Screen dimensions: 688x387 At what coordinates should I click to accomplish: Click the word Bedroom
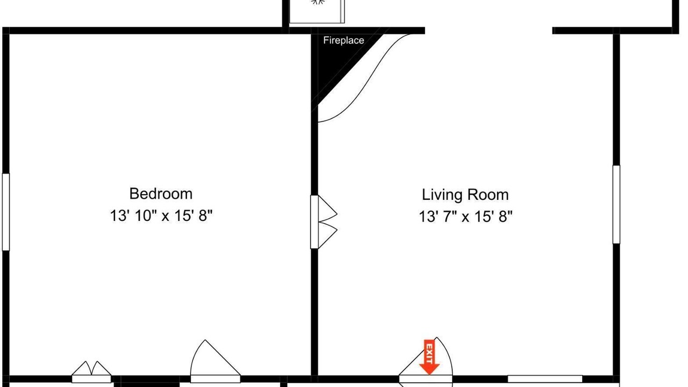pyautogui.click(x=161, y=194)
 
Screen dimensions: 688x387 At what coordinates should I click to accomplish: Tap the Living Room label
pyautogui.click(x=465, y=195)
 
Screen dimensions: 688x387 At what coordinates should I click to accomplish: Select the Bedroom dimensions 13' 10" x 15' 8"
pyautogui.click(x=161, y=216)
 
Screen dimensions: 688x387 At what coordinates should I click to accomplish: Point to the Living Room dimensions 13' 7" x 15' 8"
pyautogui.click(x=465, y=217)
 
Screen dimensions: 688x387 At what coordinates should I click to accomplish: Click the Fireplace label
pyautogui.click(x=343, y=40)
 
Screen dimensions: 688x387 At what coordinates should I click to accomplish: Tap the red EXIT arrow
pyautogui.click(x=429, y=357)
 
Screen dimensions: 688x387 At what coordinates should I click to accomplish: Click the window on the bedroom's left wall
pyautogui.click(x=6, y=212)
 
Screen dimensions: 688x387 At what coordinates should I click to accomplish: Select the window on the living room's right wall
pyautogui.click(x=616, y=205)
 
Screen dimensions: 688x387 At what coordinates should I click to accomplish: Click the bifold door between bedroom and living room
pyautogui.click(x=324, y=222)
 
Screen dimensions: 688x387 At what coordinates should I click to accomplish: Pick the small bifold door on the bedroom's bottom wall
pyautogui.click(x=91, y=372)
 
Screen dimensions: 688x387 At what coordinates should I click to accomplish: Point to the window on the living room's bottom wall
pyautogui.click(x=545, y=379)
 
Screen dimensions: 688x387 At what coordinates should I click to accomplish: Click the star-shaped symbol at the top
pyautogui.click(x=318, y=2)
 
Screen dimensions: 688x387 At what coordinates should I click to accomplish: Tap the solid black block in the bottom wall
pyautogui.click(x=147, y=381)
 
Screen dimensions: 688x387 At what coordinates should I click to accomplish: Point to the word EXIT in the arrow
pyautogui.click(x=429, y=353)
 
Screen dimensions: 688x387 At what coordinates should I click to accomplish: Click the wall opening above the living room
pyautogui.click(x=489, y=31)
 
